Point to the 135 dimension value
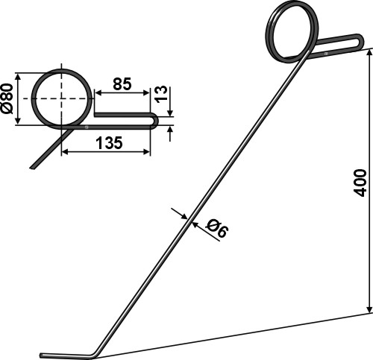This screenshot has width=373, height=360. click(x=110, y=143)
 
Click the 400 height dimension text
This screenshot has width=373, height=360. click(x=360, y=181)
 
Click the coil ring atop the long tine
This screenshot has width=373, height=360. click(x=292, y=31)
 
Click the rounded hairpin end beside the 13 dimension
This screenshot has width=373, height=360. click(x=154, y=120)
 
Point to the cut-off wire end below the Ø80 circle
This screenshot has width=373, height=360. click(x=34, y=166)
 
